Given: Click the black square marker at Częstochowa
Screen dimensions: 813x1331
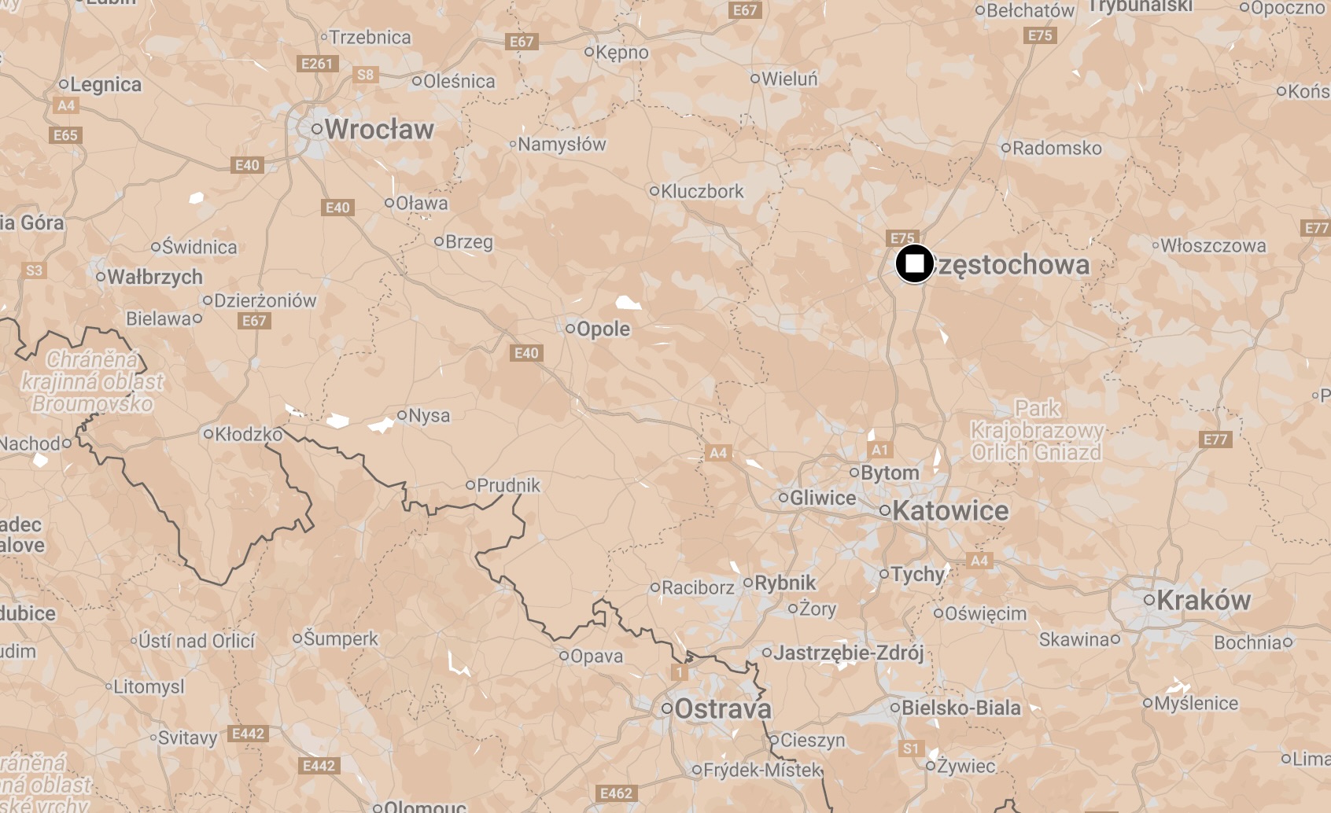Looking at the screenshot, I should coord(914,264).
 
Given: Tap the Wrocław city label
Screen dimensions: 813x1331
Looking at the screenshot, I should coord(379,130).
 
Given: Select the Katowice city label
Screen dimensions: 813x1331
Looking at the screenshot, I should coord(950,511).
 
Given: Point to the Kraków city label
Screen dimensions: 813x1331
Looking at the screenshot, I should coord(1204,601).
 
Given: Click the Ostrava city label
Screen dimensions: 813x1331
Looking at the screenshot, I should coord(723,709).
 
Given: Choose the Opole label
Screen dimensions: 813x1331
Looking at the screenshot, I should coord(603,329).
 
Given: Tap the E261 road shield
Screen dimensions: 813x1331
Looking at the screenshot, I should coord(317,64).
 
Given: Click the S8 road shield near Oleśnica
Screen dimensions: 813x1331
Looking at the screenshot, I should coord(366,75).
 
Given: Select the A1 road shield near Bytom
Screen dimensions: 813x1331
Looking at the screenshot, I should coord(879,450).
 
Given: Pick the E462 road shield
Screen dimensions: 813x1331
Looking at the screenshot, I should coord(616,793).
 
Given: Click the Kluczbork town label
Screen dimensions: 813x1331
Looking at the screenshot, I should coord(702,191).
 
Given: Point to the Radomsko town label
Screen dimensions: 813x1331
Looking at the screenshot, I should coord(1056,148).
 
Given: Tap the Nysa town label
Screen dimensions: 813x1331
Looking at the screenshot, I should coord(429,415).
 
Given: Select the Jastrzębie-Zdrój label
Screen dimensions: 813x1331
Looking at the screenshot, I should coord(849,653).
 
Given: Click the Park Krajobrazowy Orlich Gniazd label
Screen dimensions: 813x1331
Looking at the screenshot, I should coord(1037,430).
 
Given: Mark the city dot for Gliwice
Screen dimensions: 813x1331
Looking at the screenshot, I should coord(783,498).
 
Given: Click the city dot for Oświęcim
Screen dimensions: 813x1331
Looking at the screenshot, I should coord(938,613).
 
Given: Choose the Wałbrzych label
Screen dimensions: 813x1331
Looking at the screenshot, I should coord(155,278).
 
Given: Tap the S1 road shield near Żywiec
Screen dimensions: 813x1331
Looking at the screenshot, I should coord(910,749).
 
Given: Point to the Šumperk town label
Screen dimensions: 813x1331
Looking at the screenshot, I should coord(341,638).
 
